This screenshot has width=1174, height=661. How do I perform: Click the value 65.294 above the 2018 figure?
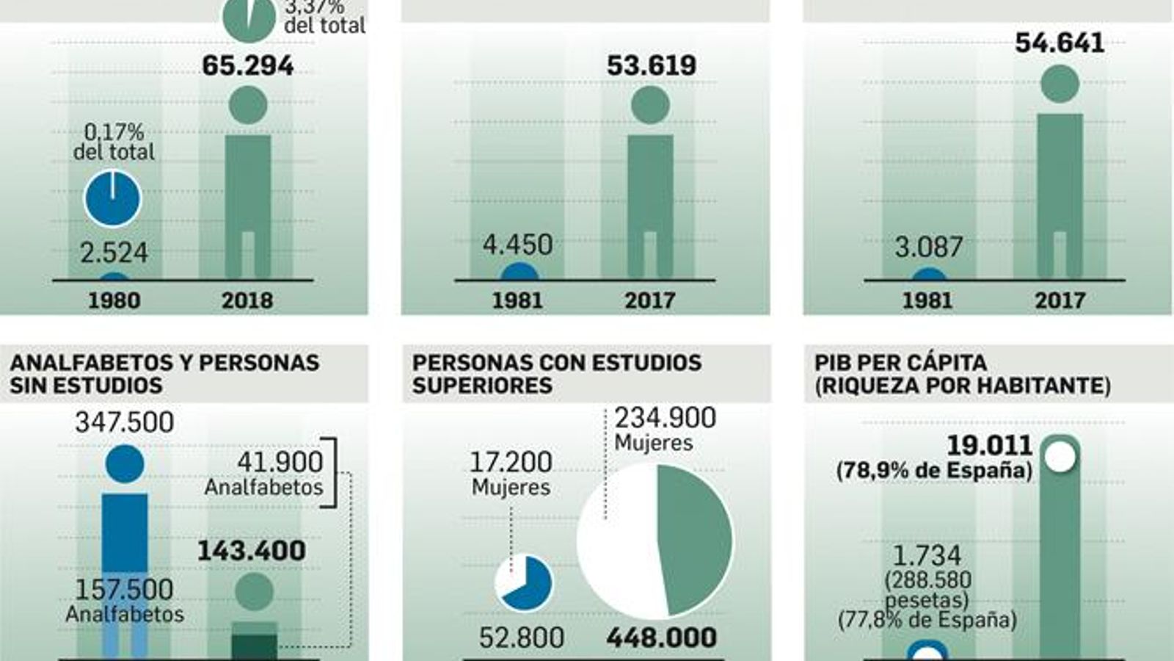(247, 66)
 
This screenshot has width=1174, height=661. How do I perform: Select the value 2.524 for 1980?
(114, 253)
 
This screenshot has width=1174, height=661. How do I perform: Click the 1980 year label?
(114, 300)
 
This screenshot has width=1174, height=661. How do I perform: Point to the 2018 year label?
(247, 300)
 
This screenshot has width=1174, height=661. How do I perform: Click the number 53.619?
(651, 66)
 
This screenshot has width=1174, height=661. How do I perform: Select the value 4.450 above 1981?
(517, 245)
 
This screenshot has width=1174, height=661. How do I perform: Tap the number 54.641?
(1059, 43)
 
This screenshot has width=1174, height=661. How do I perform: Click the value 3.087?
(928, 248)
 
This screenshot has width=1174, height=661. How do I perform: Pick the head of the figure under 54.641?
(1060, 83)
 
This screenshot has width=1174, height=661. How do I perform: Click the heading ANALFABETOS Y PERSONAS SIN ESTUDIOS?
(164, 374)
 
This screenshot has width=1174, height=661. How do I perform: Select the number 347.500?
(125, 422)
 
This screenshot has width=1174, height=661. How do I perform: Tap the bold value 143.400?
(251, 552)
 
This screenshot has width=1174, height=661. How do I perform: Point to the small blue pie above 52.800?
(524, 583)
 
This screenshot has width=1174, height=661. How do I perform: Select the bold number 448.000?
(661, 637)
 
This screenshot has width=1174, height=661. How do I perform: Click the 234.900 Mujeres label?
(664, 428)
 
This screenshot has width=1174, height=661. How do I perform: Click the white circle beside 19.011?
(1060, 456)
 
